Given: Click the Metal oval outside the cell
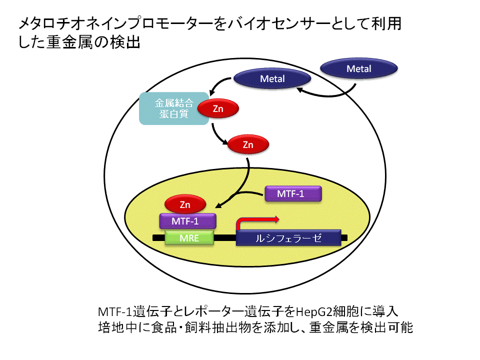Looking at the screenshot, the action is tap(359, 68).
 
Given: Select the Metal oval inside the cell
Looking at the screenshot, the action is tap(272, 78).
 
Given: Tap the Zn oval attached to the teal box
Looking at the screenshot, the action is tap(218, 108).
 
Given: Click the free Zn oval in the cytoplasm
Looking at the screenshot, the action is tap(248, 144).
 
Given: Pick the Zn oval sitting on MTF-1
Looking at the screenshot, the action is tap(185, 204).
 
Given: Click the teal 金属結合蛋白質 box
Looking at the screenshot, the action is tap(173, 108).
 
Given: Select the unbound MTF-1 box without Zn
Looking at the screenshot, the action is tap(293, 193).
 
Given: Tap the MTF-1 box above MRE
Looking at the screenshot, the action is tap(187, 221).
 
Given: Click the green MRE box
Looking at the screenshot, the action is tap(189, 238).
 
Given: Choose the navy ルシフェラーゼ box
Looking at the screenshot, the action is tap(288, 238).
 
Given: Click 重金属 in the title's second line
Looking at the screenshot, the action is tap(70, 42).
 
